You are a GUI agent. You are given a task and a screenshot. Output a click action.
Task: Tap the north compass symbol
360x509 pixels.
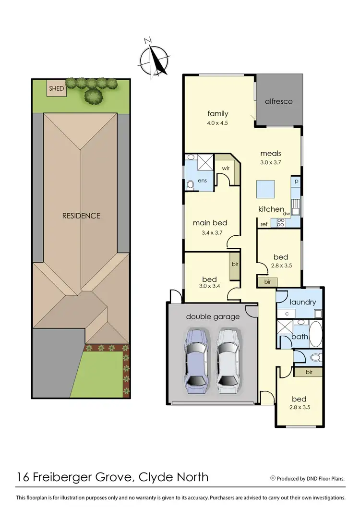(x=155, y=58)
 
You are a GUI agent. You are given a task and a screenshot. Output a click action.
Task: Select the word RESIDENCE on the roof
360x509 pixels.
(x=81, y=216)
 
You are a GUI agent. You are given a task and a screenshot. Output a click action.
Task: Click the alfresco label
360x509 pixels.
(x=279, y=101)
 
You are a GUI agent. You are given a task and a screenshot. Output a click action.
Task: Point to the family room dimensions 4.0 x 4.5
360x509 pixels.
(x=217, y=123)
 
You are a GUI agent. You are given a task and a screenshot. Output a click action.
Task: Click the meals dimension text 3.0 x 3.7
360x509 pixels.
(x=271, y=163)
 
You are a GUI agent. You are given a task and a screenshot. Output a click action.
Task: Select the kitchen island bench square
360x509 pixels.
(x=265, y=189)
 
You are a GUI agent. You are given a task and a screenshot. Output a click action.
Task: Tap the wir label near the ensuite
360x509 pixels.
(x=225, y=169)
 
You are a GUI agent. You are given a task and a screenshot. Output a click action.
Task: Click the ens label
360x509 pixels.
(x=203, y=181)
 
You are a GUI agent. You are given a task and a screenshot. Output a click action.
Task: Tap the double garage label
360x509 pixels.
(x=213, y=316)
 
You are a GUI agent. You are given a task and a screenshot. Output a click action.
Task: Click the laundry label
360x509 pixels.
(x=303, y=302)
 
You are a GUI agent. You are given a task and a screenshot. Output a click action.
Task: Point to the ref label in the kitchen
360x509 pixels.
(x=264, y=224)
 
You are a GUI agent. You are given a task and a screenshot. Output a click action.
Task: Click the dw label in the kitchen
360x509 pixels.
(x=286, y=214)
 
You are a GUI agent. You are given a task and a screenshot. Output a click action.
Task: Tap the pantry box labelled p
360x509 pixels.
(x=296, y=182)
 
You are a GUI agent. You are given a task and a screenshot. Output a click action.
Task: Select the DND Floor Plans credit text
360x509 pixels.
(x=308, y=478)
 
